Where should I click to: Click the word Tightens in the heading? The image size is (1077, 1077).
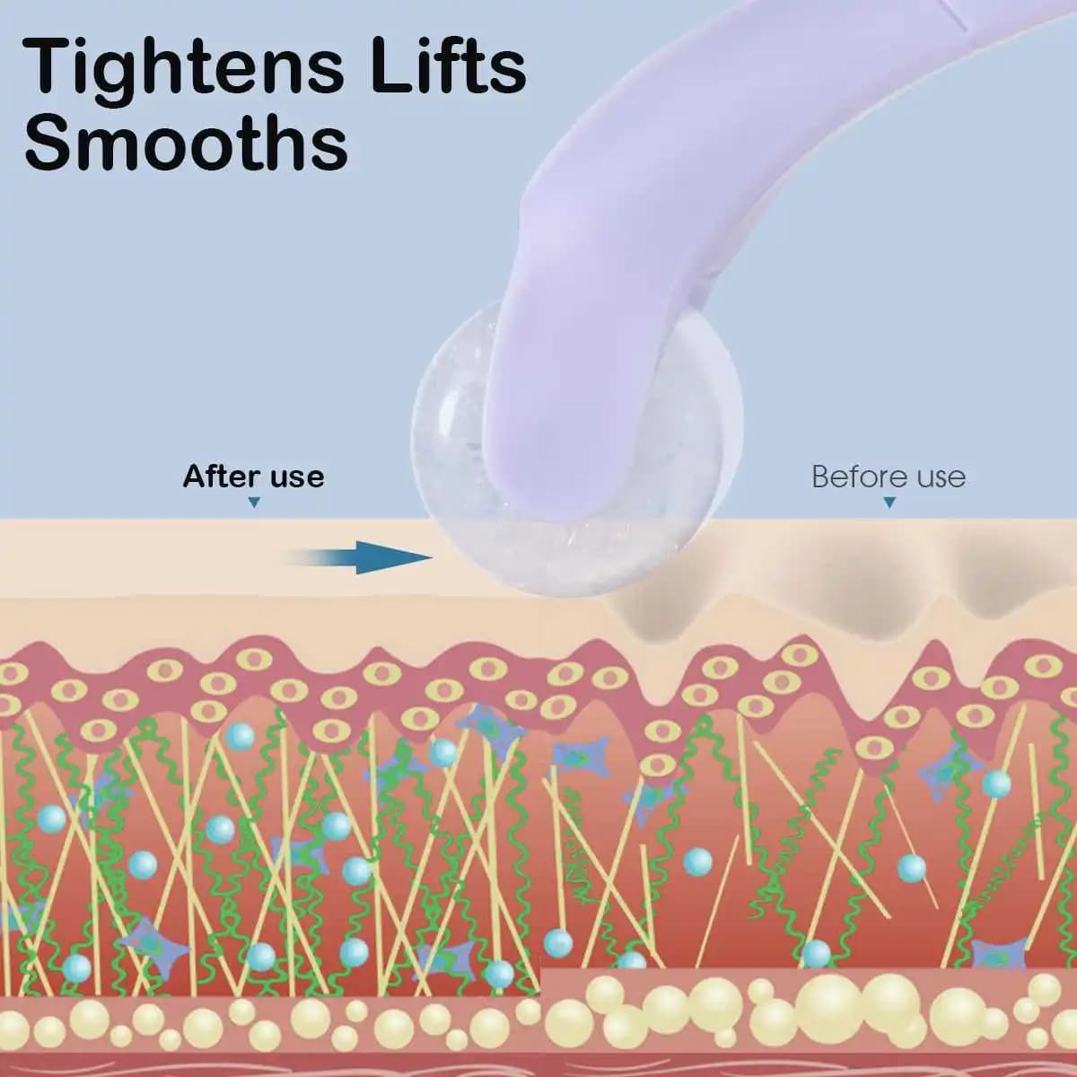[x=182, y=70]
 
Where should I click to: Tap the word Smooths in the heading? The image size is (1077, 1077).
[x=186, y=142]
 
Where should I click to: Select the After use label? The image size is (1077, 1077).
[x=253, y=477]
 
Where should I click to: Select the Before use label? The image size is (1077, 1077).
[x=889, y=477]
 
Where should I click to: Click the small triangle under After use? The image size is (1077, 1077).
[x=254, y=503]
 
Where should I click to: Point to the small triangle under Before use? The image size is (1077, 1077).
[x=889, y=503]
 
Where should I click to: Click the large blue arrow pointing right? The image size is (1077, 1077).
[x=359, y=557]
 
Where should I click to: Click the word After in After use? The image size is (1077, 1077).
[x=222, y=477]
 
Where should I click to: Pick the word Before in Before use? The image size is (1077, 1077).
[x=860, y=477]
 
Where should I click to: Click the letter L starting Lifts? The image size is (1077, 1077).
[x=389, y=66]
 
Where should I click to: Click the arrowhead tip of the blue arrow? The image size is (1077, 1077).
[x=432, y=556]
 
